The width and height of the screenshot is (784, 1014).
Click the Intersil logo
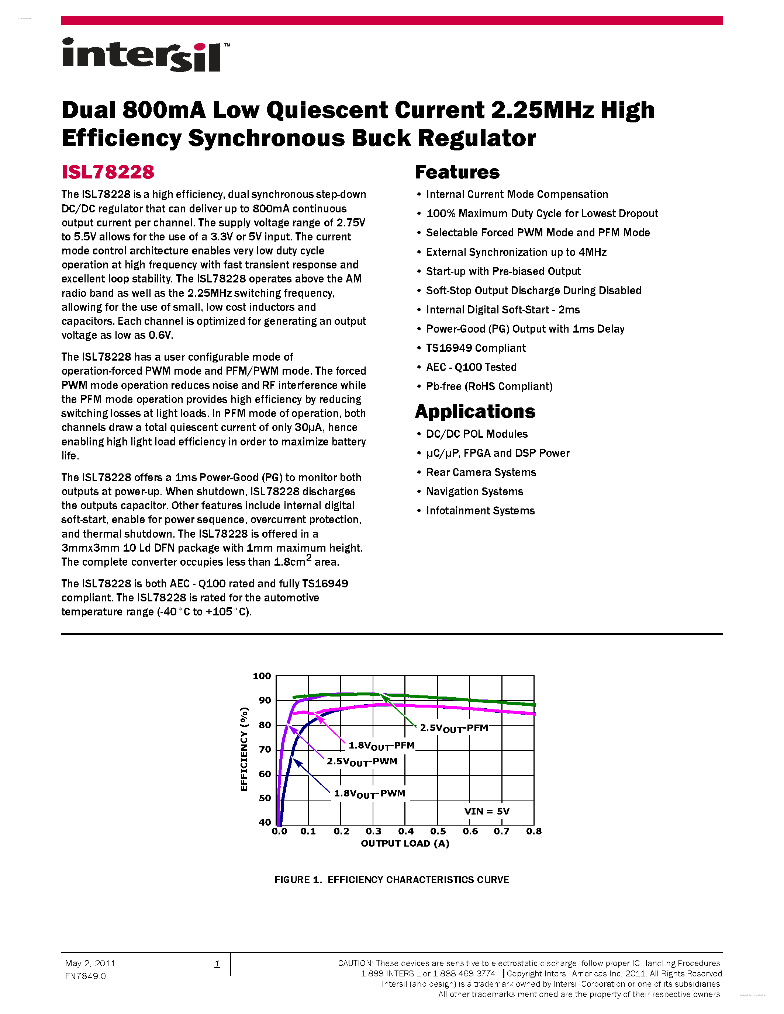click(x=145, y=55)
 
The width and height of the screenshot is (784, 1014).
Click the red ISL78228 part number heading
click(x=108, y=172)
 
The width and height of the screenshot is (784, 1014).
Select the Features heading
click(x=457, y=172)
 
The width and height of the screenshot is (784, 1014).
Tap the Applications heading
click(x=475, y=411)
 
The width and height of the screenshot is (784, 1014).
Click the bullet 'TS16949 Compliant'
click(x=476, y=348)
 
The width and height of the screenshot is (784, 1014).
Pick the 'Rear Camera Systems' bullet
click(x=481, y=472)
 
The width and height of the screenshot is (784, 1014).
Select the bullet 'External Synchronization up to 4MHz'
click(x=516, y=252)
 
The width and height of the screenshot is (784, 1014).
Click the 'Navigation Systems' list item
click(x=474, y=491)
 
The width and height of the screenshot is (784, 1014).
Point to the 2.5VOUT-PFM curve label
click(x=454, y=728)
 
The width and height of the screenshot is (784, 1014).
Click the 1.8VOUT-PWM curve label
click(x=370, y=794)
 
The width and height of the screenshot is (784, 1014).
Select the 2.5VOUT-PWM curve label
click(x=362, y=761)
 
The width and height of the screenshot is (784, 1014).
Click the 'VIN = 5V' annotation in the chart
click(x=487, y=811)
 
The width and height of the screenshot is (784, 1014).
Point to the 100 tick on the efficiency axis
click(x=262, y=676)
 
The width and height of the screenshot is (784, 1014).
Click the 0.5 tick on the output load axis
click(x=438, y=831)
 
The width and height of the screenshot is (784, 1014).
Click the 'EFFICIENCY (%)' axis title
click(x=244, y=749)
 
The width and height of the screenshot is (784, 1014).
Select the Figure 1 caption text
click(x=391, y=880)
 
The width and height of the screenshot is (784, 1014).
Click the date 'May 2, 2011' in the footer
click(x=90, y=963)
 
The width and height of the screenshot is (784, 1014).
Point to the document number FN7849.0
click(x=86, y=976)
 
